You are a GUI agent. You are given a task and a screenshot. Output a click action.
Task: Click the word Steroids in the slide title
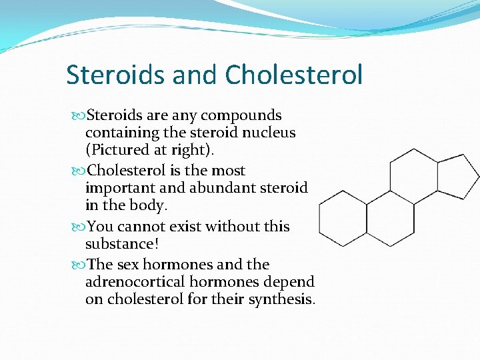pos(116,75)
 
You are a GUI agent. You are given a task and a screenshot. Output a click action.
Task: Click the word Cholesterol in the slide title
pos(294,75)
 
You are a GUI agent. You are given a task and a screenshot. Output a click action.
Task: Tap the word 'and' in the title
pos(197,75)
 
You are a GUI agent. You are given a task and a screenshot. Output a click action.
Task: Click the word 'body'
pos(152,205)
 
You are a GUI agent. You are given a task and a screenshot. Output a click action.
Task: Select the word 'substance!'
pos(122,243)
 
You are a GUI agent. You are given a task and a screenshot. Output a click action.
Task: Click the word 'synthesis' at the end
pos(280,299)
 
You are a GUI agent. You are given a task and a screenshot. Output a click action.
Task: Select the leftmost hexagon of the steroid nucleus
pos(343,218)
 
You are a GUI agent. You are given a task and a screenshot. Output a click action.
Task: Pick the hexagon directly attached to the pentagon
pos(413,176)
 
